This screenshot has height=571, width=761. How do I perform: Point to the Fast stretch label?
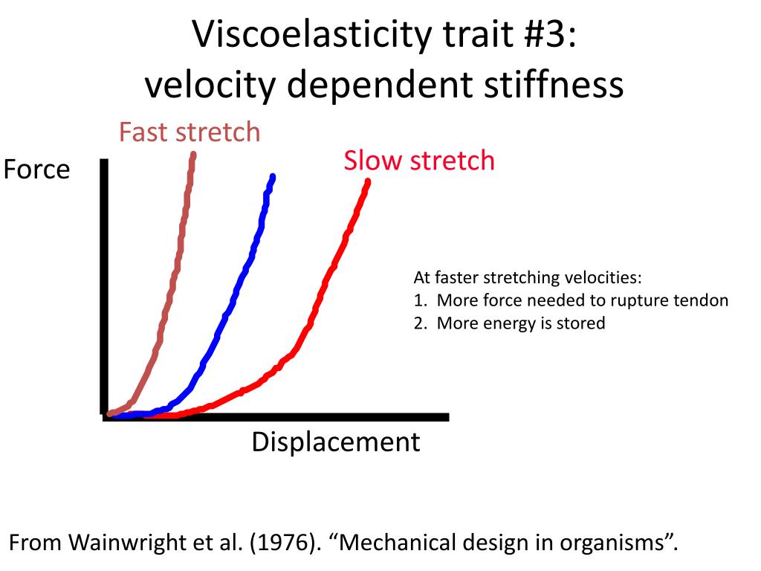coord(190,132)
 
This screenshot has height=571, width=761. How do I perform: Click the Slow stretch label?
coord(418,160)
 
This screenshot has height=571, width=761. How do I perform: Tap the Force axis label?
coord(36,170)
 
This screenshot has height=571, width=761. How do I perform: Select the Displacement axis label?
coord(335,442)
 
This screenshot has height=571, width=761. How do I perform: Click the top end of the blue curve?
coord(273,177)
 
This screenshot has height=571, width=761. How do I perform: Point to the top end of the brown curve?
coord(193,155)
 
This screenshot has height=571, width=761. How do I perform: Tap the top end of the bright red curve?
coord(367,181)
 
